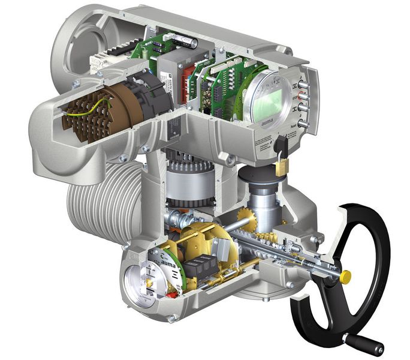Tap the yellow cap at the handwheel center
(345, 277)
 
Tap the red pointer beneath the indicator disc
(174, 293)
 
